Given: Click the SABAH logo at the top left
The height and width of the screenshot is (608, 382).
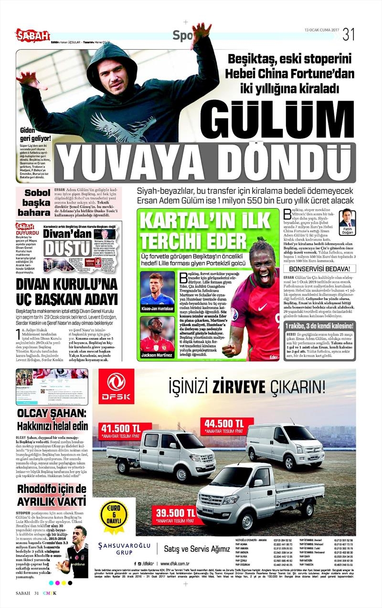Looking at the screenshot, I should pyautogui.click(x=32, y=35).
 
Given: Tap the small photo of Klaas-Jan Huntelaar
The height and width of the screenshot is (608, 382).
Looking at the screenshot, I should pyautogui.click(x=157, y=288).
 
